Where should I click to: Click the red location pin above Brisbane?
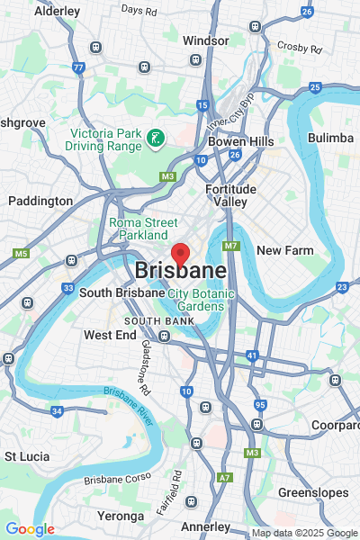pos(180,255)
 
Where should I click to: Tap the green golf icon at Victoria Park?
pos(156,139)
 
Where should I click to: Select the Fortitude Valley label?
pos(230,195)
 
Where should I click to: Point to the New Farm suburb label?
pos(283,250)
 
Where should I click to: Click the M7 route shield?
pos(231,246)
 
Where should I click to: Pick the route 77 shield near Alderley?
pos(79,67)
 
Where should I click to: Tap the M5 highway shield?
pos(21,254)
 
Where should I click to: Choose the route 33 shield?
pos(67,288)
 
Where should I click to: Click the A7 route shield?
pos(224,477)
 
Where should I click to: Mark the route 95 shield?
pos(259,405)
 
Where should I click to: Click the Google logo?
pos(30,529)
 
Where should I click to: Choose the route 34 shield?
pos(57,411)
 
